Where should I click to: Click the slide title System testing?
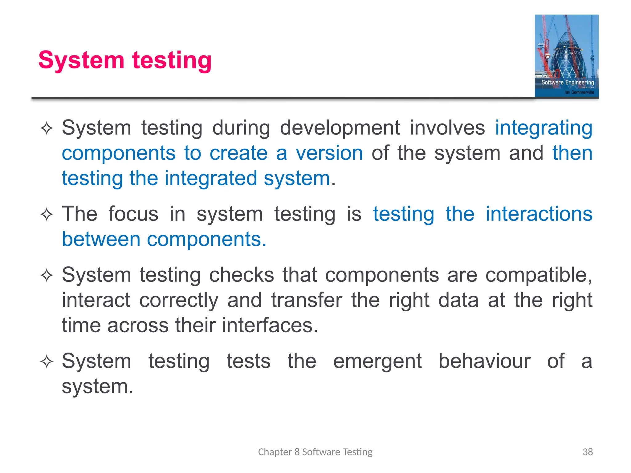125,60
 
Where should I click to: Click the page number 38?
588,452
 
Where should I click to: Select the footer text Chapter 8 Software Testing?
315,452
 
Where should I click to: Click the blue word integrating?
543,128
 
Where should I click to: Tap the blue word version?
329,153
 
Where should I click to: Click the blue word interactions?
539,214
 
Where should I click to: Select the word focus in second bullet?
133,214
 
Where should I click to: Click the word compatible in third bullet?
538,275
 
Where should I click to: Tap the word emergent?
377,361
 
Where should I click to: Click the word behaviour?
484,361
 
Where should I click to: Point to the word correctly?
179,300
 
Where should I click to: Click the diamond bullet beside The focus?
47,214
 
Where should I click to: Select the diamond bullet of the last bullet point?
47,362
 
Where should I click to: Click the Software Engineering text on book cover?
568,83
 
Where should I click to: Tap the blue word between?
101,239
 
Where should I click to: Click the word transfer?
307,300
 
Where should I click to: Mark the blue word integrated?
211,179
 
